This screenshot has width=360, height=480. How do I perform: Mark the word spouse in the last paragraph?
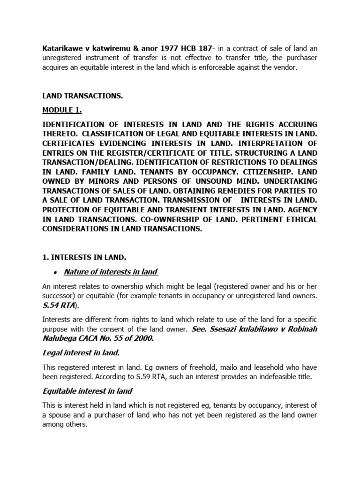pos(61,415)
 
